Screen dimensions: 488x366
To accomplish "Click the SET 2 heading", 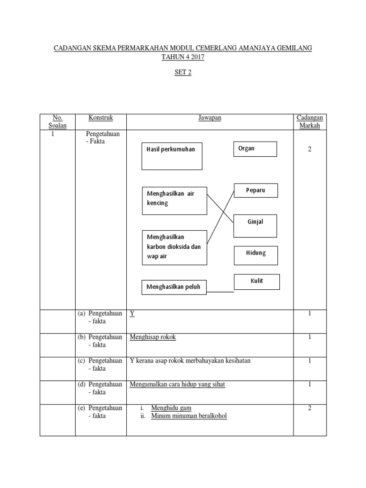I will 183,73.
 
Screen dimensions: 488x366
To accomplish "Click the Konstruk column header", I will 101,117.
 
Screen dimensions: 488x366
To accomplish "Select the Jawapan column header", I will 210,117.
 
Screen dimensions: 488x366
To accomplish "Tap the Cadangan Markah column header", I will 310,121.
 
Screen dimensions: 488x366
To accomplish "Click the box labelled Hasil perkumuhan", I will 172,156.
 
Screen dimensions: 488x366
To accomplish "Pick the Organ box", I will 255,149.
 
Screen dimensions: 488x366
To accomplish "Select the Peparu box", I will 255,190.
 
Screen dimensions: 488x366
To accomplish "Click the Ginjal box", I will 255,225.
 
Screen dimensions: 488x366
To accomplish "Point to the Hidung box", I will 255,255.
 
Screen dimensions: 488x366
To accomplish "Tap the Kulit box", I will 257,282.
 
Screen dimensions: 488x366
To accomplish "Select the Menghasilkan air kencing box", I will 174,201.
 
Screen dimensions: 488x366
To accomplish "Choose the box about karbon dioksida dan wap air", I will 174,247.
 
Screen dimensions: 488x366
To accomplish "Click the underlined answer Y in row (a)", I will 132,314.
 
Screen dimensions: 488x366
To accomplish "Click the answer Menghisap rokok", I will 152,337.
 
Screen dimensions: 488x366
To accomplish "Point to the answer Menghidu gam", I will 171,408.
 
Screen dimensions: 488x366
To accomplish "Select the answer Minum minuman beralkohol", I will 189,416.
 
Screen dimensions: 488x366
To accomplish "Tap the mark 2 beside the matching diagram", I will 310,149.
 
